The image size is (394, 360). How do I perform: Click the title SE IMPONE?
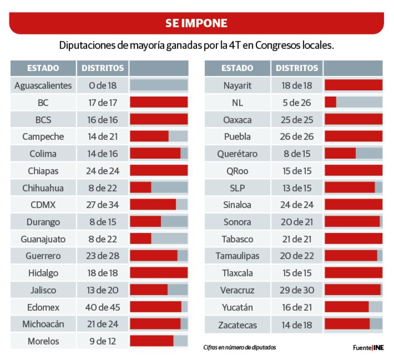point(196,23)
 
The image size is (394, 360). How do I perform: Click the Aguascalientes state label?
point(43,86)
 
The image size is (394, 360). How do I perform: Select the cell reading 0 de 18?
point(103,86)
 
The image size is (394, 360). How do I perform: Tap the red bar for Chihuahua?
point(140,188)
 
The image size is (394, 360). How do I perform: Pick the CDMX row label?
point(43,204)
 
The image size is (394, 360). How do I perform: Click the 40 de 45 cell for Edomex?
point(103,307)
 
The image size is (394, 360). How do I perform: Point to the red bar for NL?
point(330,102)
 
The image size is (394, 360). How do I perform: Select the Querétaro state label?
point(237,154)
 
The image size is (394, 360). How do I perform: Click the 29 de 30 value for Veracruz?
point(297,291)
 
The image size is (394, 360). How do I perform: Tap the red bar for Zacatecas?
point(347,324)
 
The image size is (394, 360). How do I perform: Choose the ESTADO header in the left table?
point(43,68)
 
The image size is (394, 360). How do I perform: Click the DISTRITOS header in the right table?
point(297,68)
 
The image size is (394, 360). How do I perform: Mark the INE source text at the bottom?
point(379,347)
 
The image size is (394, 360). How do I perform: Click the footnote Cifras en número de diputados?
point(239,347)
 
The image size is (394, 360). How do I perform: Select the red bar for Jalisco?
point(149,290)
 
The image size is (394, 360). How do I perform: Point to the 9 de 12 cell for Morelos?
point(103,341)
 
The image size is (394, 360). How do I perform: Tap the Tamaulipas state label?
point(237,256)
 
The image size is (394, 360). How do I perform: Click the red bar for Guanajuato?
point(140,239)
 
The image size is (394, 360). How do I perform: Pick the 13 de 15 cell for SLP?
point(297,188)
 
